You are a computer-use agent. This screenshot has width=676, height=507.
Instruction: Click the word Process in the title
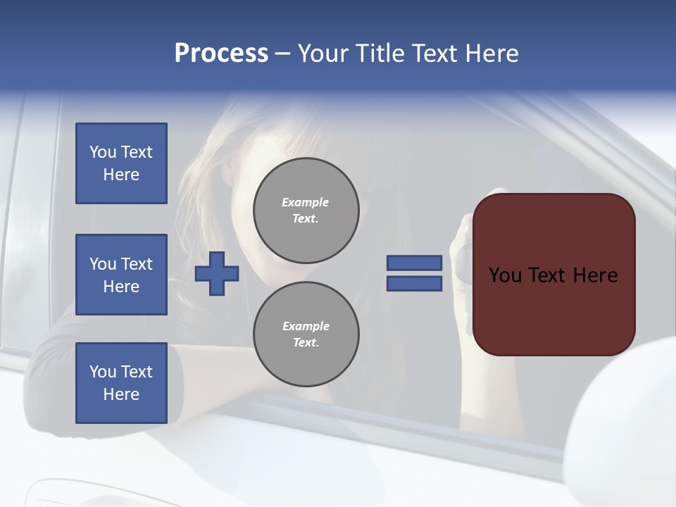pos(221,54)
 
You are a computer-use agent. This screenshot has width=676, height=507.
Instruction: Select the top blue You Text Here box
pos(121,163)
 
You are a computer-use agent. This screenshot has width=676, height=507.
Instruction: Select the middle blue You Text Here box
pos(121,275)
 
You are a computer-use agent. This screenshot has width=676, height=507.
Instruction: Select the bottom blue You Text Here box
pos(121,383)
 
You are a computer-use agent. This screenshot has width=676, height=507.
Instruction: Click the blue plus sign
pos(217,273)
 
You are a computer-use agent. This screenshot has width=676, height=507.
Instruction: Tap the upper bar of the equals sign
pos(414,263)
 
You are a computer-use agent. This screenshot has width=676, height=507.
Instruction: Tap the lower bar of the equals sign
pos(414,284)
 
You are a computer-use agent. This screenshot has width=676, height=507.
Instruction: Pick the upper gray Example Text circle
pos(306,210)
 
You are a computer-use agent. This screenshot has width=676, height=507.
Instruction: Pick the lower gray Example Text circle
pos(306,334)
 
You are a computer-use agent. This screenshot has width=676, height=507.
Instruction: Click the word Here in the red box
pos(595,275)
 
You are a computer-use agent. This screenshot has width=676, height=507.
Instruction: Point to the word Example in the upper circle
pos(306,202)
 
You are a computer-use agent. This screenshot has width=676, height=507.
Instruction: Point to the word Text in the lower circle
pos(305,343)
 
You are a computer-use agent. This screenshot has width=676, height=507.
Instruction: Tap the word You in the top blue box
pos(103,152)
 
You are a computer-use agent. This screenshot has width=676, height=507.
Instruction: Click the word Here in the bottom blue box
pos(121,394)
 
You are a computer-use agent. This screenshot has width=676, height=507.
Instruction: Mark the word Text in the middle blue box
pos(137,264)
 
